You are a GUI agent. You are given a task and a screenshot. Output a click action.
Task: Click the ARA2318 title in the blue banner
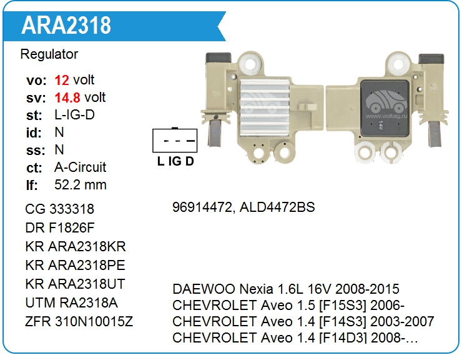point(67,26)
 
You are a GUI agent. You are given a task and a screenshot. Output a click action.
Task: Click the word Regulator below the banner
point(49,54)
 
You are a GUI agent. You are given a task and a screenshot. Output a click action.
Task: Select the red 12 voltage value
point(62,80)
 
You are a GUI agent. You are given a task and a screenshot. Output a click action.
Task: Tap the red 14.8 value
point(67,97)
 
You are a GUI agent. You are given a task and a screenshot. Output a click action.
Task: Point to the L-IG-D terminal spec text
point(74,115)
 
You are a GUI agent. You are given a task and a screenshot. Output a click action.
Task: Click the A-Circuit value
point(81,167)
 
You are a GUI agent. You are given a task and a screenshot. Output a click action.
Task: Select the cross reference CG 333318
point(60,209)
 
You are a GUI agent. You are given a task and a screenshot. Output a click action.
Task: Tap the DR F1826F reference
point(60,227)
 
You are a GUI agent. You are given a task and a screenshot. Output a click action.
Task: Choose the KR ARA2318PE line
point(76,265)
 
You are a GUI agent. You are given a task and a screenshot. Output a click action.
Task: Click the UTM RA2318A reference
point(72,303)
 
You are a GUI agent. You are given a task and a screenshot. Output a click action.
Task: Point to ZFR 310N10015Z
point(79,322)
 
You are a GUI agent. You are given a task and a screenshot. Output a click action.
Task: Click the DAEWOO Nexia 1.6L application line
point(285,289)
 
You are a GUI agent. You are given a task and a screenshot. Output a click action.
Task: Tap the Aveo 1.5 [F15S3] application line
point(288,306)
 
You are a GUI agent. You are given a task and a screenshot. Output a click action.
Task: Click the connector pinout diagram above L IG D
point(175,140)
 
